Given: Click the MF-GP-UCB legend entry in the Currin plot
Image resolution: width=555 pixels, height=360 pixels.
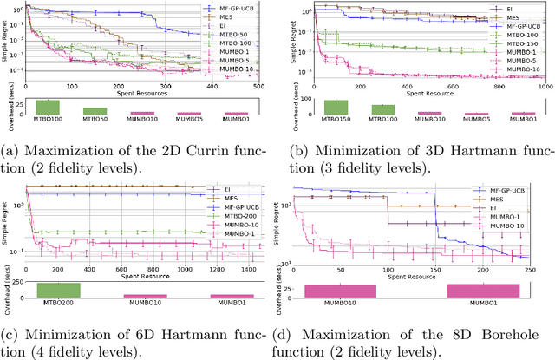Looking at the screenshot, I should [x=234, y=8].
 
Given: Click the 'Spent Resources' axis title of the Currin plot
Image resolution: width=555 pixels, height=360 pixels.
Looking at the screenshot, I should [x=144, y=94].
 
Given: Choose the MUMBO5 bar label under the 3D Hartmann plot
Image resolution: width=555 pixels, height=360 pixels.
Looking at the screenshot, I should [x=473, y=120].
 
